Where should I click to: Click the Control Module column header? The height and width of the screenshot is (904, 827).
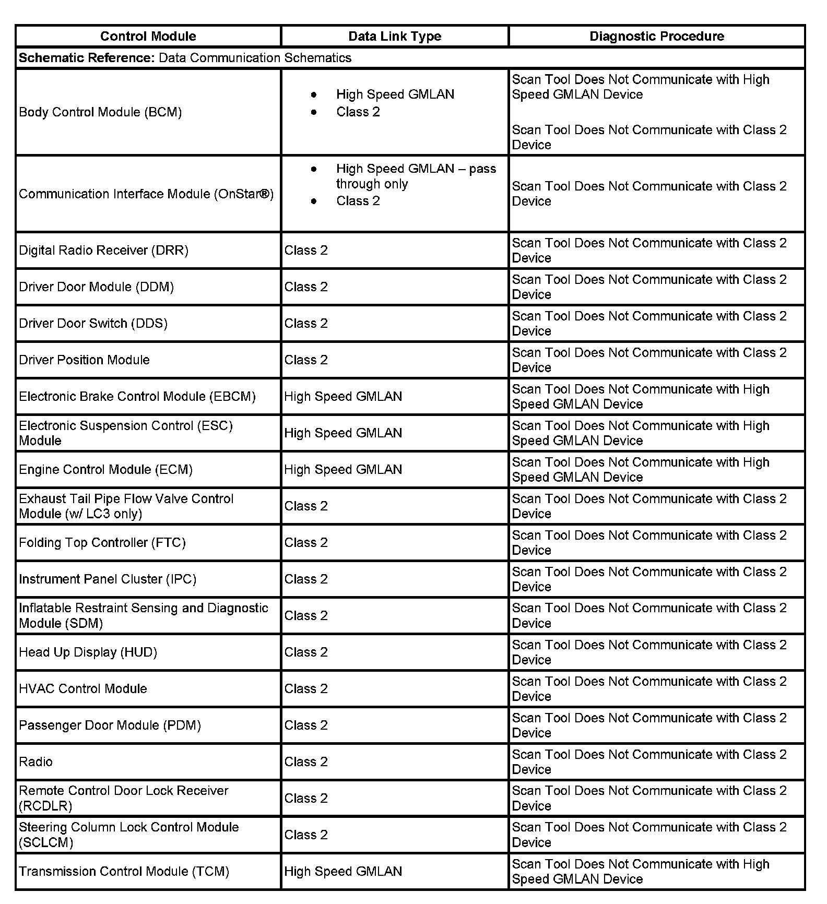[x=148, y=36]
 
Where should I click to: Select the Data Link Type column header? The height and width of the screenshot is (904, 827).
[x=395, y=36]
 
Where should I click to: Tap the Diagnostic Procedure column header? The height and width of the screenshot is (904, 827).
[x=657, y=36]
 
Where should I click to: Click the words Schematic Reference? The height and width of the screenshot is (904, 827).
[x=87, y=58]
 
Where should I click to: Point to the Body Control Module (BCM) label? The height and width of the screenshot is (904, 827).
[x=100, y=112]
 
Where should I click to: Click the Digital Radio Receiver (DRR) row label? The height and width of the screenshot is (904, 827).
[x=103, y=251]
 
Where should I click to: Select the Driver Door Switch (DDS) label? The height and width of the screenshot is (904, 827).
[x=93, y=324]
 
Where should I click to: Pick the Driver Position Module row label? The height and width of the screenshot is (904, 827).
[x=84, y=360]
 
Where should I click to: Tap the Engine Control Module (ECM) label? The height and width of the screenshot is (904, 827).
[x=105, y=470]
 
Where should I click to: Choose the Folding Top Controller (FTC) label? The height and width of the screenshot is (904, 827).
[x=102, y=543]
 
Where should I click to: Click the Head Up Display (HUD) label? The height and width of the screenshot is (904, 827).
[x=88, y=652]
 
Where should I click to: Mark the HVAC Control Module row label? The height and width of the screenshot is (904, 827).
[x=83, y=689]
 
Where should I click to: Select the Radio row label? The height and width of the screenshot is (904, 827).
[x=36, y=762]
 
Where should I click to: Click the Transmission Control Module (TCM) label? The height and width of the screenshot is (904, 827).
[x=124, y=872]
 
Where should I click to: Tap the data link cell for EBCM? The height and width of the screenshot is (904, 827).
[x=343, y=397]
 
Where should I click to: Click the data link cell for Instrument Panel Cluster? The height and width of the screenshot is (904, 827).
[x=306, y=579]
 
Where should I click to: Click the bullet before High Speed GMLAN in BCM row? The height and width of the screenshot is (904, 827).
[x=313, y=94]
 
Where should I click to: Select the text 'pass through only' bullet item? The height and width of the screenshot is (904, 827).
[x=416, y=176]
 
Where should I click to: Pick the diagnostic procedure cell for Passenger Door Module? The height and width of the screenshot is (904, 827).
[x=649, y=725]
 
